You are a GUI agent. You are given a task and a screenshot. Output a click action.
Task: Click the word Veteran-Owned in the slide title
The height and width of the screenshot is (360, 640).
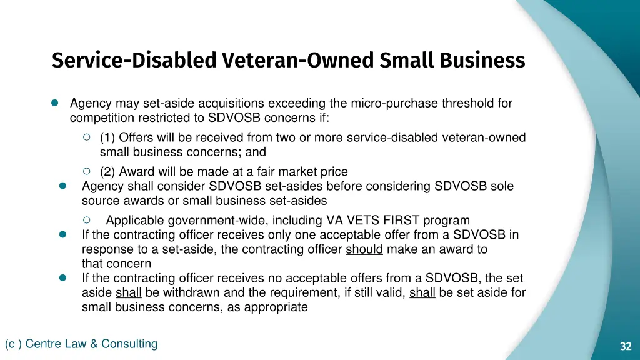(297, 61)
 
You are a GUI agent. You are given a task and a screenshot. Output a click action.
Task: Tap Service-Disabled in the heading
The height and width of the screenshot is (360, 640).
(134, 61)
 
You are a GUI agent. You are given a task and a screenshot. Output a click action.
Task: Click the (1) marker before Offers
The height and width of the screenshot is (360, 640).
(107, 137)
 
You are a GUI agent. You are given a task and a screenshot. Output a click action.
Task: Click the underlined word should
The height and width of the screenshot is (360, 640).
(364, 249)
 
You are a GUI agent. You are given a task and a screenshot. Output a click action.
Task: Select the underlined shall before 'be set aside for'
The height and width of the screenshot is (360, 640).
(422, 292)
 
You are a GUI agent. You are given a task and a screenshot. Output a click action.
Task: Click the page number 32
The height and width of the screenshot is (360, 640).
(626, 347)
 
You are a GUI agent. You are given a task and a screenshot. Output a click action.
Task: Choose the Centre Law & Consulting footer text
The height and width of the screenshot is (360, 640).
(81, 344)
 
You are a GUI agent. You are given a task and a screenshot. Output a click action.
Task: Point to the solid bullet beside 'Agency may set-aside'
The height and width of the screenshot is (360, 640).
(54, 103)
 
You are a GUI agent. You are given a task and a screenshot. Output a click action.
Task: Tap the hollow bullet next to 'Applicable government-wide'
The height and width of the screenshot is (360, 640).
(87, 219)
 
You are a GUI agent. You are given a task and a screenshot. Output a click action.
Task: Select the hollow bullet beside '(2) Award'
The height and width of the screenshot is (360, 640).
(87, 171)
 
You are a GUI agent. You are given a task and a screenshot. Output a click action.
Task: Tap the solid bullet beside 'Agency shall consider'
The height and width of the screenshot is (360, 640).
(62, 186)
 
